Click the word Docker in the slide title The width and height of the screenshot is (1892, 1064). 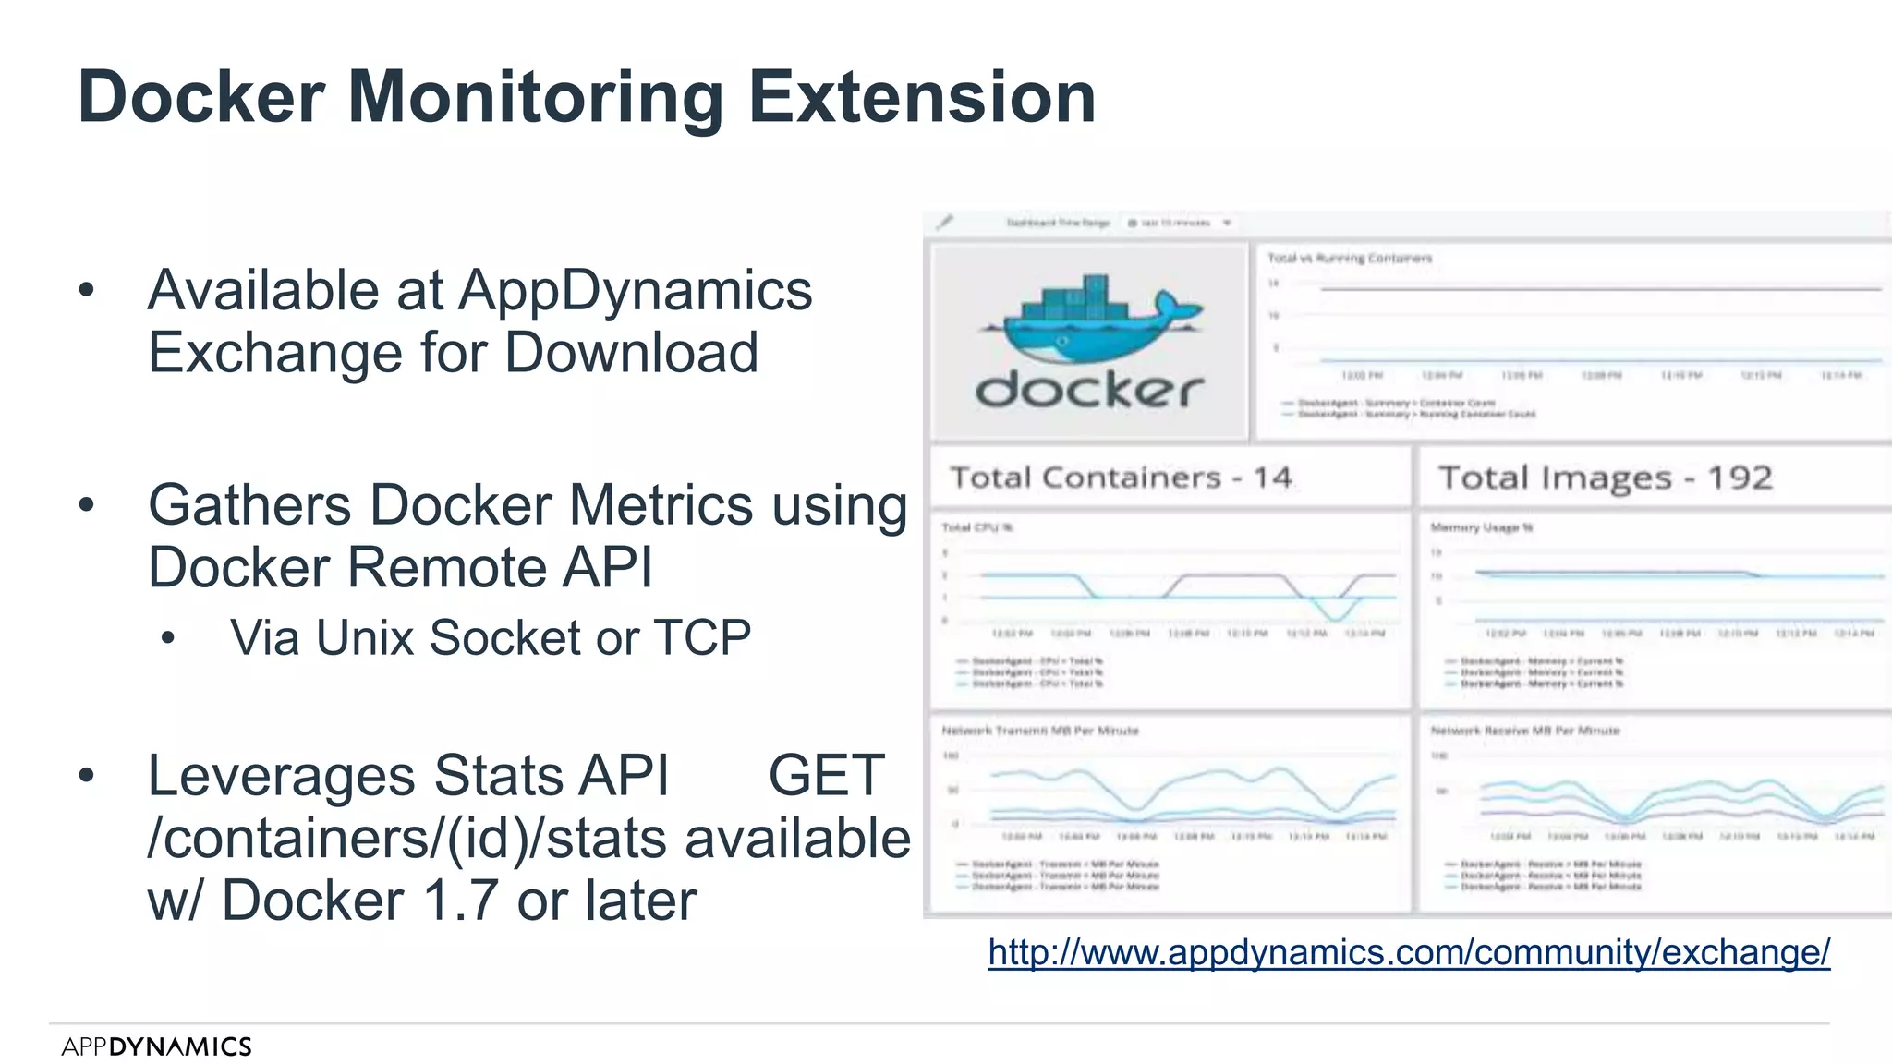coord(201,97)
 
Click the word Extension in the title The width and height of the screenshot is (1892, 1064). coord(921,97)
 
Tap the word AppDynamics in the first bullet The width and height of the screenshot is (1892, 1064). coord(636,290)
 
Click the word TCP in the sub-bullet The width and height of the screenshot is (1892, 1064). coord(702,637)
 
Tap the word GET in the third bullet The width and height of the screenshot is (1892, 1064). coord(826,775)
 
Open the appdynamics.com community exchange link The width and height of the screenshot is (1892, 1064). coord(1409,952)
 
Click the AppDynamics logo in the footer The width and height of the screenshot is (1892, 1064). coord(156,1046)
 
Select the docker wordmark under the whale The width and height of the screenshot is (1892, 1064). coord(1090,391)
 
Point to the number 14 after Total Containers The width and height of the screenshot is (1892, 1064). coord(1272,478)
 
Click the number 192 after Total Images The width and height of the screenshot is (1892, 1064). coord(1740,478)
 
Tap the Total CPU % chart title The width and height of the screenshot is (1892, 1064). coord(977,527)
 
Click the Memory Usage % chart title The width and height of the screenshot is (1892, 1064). coord(1482,527)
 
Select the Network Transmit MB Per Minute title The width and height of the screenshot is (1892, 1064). coord(1040,731)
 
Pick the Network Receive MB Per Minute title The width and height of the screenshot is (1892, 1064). coord(1525,731)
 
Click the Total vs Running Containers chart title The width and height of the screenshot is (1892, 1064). coord(1349,259)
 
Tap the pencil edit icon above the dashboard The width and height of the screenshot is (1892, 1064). coord(944,223)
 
